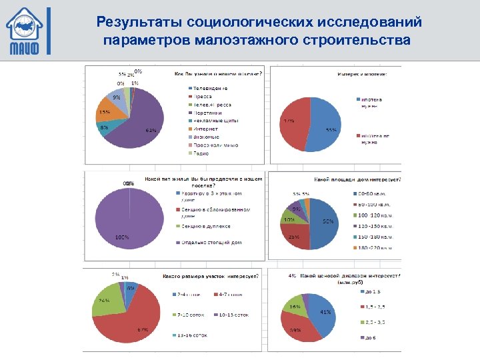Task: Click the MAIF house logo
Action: coord(27,30)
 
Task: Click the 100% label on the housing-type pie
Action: coord(123,237)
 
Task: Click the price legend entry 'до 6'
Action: coord(369,337)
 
